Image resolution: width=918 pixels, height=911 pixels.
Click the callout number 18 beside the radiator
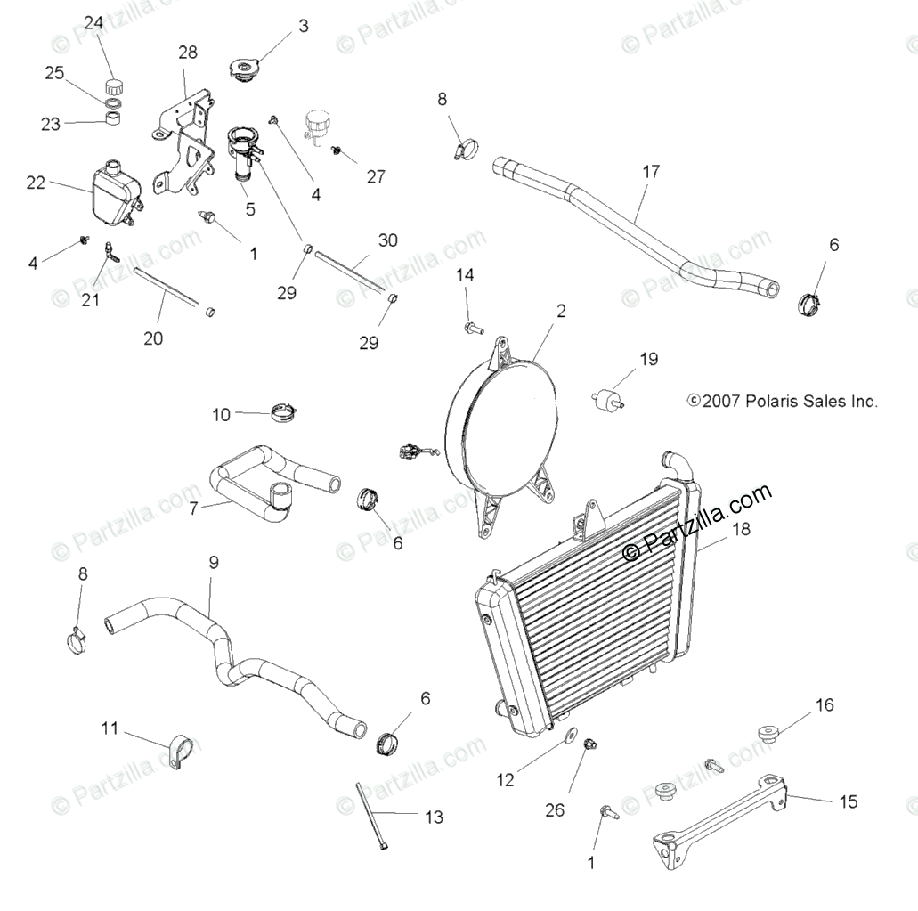click(741, 529)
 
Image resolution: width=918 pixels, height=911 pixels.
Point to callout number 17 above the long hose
click(651, 172)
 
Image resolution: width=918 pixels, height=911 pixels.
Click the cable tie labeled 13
click(371, 816)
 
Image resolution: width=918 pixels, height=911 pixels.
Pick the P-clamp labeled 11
click(182, 751)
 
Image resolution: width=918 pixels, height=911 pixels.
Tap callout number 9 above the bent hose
click(214, 563)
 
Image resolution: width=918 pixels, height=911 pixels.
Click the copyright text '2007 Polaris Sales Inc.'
click(783, 402)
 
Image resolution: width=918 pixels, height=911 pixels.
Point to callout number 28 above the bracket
click(187, 53)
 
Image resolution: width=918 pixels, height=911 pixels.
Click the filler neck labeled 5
click(242, 155)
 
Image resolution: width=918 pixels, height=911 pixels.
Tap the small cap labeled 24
click(113, 86)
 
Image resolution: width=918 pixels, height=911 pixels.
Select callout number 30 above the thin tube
click(387, 240)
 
